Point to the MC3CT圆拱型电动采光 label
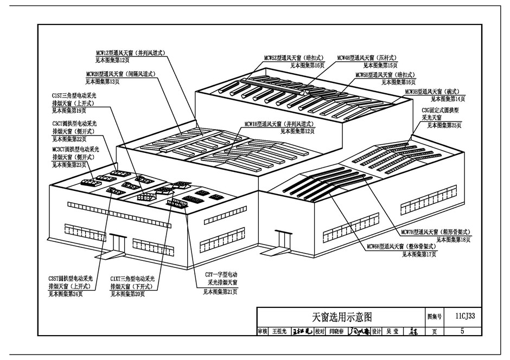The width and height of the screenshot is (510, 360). (75, 149)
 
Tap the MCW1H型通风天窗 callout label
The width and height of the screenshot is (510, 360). (279, 123)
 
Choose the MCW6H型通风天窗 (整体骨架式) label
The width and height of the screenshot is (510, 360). (401, 247)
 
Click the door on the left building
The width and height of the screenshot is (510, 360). (117, 243)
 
